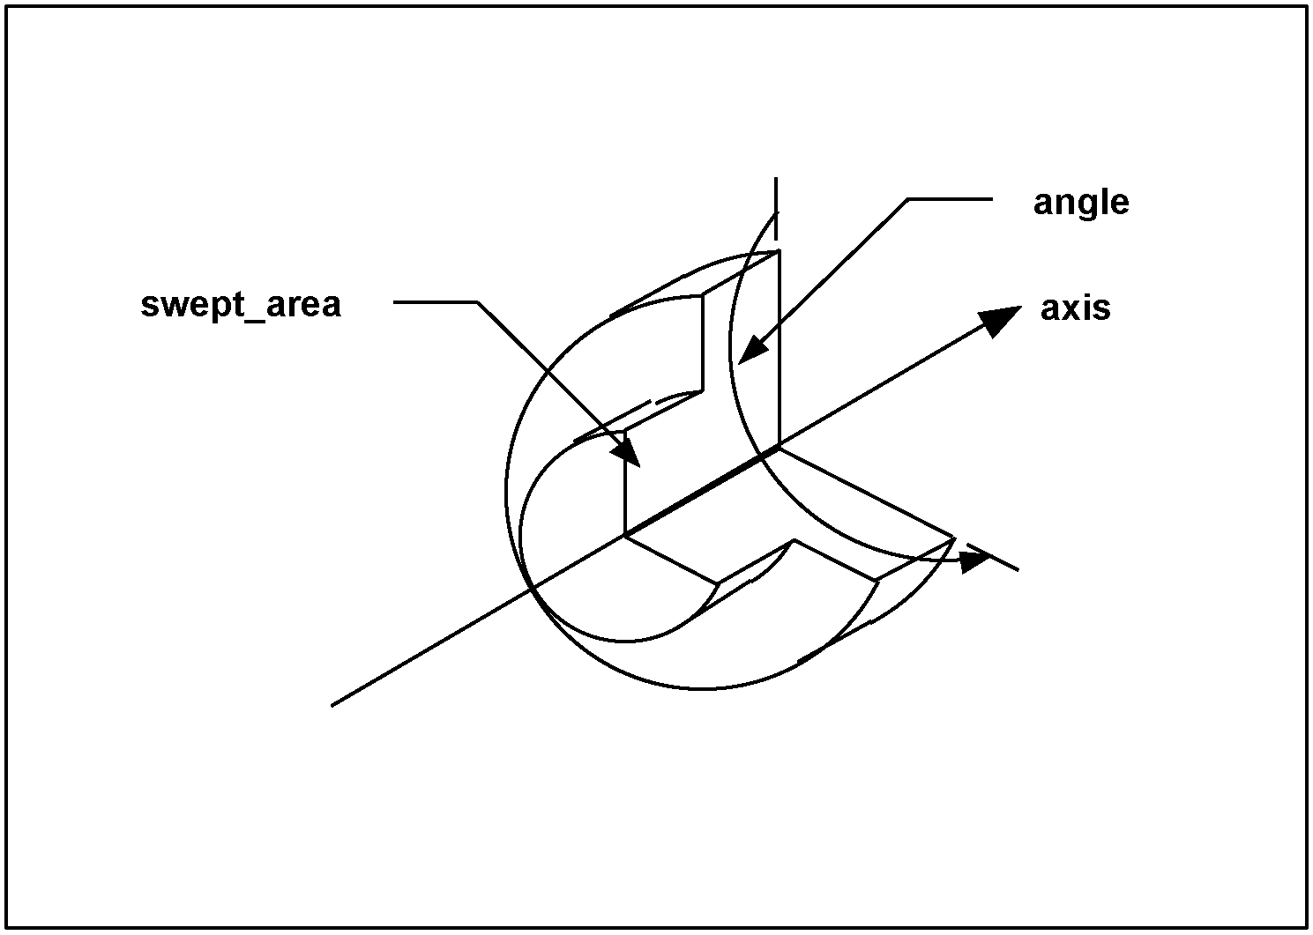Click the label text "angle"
point(1080,204)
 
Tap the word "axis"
point(1075,309)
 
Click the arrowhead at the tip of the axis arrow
point(1003,319)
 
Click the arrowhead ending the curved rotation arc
point(975,560)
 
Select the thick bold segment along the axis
point(701,493)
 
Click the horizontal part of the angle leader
point(951,200)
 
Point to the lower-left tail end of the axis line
point(332,704)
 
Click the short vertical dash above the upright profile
point(776,208)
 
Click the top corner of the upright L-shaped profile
point(780,252)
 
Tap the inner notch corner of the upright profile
point(702,390)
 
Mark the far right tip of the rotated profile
point(955,536)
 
